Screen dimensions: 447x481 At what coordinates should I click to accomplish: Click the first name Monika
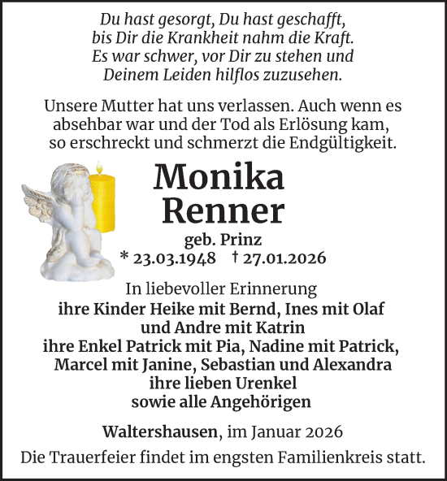click(219, 176)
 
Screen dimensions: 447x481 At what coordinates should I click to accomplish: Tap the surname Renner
click(223, 210)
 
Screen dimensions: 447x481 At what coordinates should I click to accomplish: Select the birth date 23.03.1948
click(174, 258)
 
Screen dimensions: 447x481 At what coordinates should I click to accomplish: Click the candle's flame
click(101, 167)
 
